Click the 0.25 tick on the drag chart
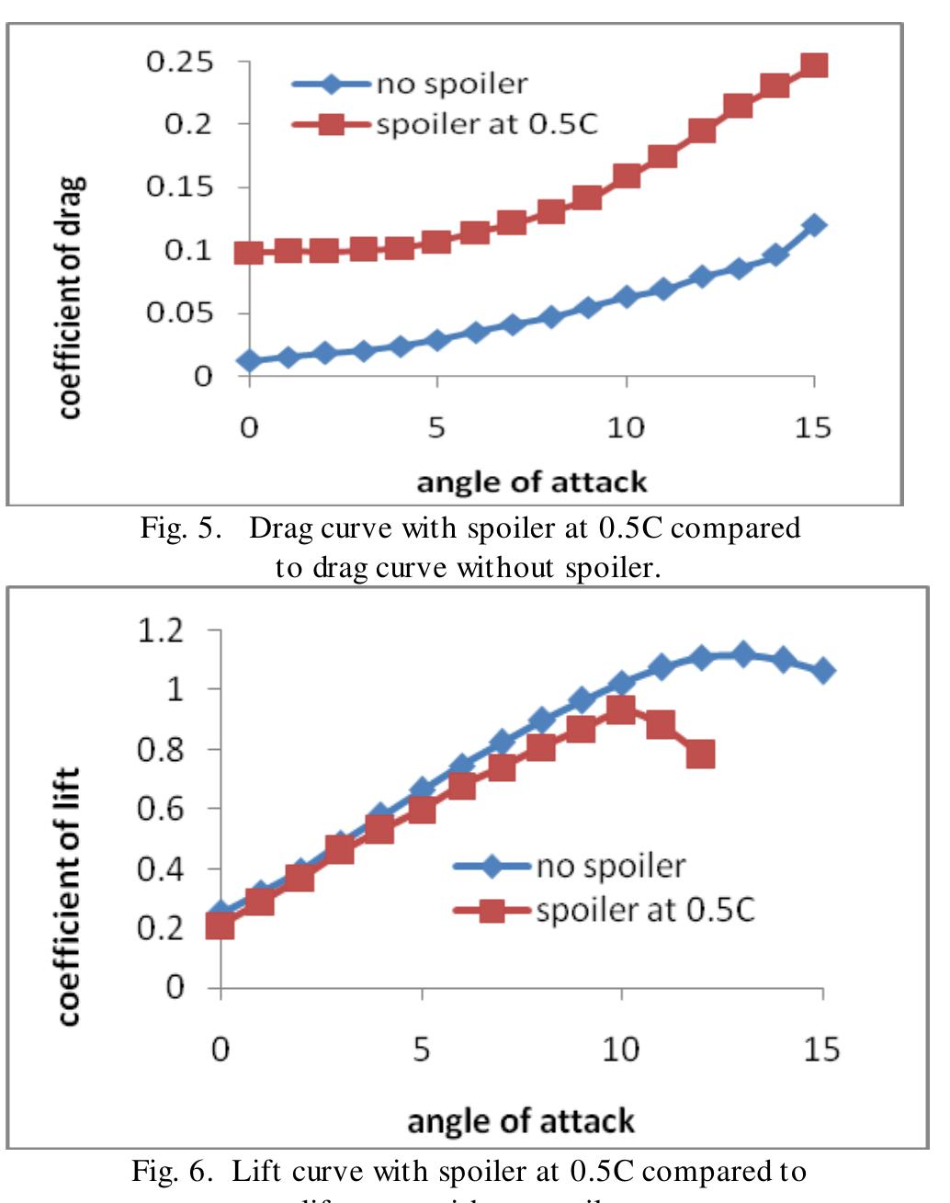pyautogui.click(x=180, y=62)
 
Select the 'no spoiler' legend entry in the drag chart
pyautogui.click(x=451, y=85)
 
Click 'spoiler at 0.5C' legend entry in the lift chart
pyautogui.click(x=644, y=910)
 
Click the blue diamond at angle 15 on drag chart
pyautogui.click(x=813, y=225)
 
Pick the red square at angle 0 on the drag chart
pyautogui.click(x=249, y=253)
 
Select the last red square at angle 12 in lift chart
pyautogui.click(x=700, y=755)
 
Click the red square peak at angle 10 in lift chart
pyautogui.click(x=621, y=709)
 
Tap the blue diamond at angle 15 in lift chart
pyautogui.click(x=824, y=671)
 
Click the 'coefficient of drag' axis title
pyautogui.click(x=72, y=296)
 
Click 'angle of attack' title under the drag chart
pyautogui.click(x=531, y=482)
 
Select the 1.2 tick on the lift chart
pyautogui.click(x=162, y=630)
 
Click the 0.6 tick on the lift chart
pyautogui.click(x=162, y=809)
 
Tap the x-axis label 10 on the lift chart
pyautogui.click(x=620, y=1049)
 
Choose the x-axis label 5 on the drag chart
pyautogui.click(x=436, y=427)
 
